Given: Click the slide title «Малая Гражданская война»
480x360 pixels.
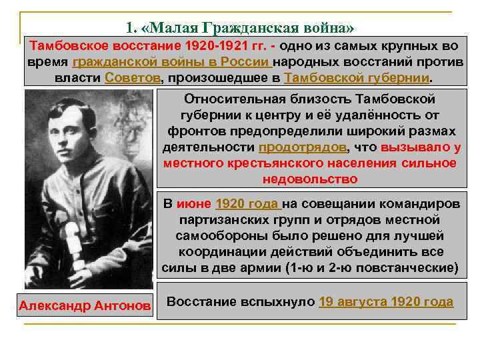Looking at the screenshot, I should (x=240, y=28).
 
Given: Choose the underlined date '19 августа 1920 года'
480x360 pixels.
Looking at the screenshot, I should (x=386, y=301).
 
